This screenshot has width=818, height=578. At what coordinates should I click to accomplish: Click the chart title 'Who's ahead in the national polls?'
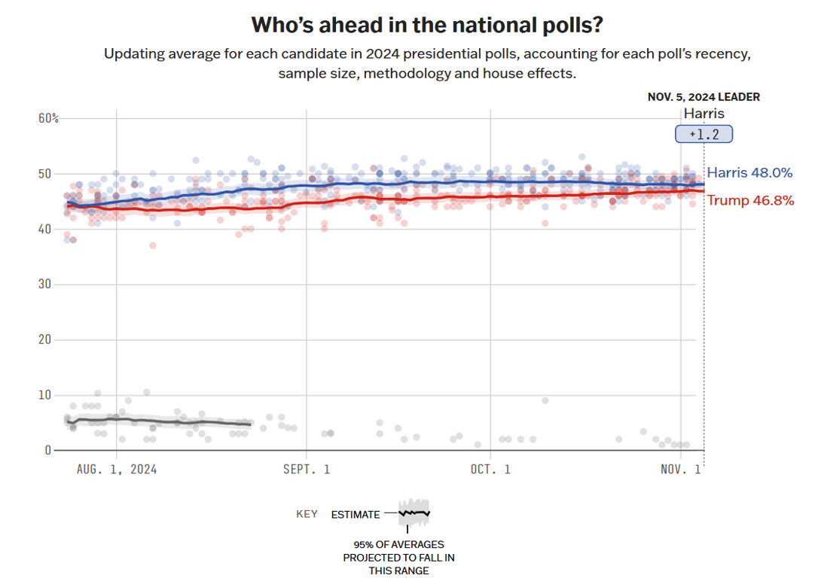pyautogui.click(x=426, y=25)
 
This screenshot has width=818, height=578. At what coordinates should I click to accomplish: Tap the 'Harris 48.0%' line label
pyautogui.click(x=749, y=173)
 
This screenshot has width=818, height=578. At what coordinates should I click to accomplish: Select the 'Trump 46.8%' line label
pyautogui.click(x=749, y=201)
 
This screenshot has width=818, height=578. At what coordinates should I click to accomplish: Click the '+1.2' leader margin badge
pyautogui.click(x=704, y=135)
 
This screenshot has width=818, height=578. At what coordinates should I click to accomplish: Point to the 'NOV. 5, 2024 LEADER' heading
pyautogui.click(x=704, y=97)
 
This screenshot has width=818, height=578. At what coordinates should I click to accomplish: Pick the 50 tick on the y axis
pyautogui.click(x=45, y=174)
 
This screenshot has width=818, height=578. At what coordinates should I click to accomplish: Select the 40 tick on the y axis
pyautogui.click(x=45, y=229)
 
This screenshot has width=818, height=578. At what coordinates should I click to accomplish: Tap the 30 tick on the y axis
pyautogui.click(x=45, y=284)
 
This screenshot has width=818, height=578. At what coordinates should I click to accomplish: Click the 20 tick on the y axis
pyautogui.click(x=45, y=339)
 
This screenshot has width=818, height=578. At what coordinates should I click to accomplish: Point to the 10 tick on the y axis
pyautogui.click(x=45, y=395)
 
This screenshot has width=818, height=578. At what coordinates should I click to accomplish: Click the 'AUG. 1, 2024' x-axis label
pyautogui.click(x=117, y=470)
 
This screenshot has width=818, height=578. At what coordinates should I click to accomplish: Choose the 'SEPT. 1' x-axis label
pyautogui.click(x=306, y=470)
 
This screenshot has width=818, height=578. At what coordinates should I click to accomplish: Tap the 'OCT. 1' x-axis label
pyautogui.click(x=490, y=470)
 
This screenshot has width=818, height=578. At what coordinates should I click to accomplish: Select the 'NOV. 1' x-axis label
pyautogui.click(x=680, y=470)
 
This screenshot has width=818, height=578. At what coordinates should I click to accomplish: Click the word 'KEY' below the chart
pyautogui.click(x=307, y=515)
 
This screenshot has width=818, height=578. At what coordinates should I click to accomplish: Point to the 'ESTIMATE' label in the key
pyautogui.click(x=356, y=515)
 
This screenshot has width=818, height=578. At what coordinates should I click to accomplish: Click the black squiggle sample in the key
pyautogui.click(x=414, y=513)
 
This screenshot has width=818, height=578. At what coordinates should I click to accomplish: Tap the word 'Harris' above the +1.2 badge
pyautogui.click(x=704, y=114)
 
